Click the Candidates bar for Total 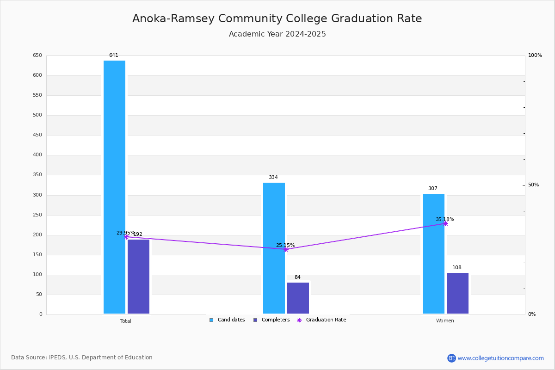click(114, 187)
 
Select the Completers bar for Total click(138, 276)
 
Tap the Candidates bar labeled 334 click(274, 248)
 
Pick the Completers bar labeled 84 click(298, 298)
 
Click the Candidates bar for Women click(433, 253)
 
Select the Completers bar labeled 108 click(457, 293)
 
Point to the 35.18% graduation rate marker click(445, 223)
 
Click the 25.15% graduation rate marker click(286, 249)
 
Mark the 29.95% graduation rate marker click(126, 237)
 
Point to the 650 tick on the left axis click(37, 55)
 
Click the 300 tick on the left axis click(37, 195)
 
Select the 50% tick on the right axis click(533, 185)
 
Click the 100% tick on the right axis click(535, 55)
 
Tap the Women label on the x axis click(445, 321)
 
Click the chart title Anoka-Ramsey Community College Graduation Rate click(277, 18)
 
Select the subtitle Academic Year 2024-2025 click(277, 34)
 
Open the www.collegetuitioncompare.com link click(500, 358)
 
